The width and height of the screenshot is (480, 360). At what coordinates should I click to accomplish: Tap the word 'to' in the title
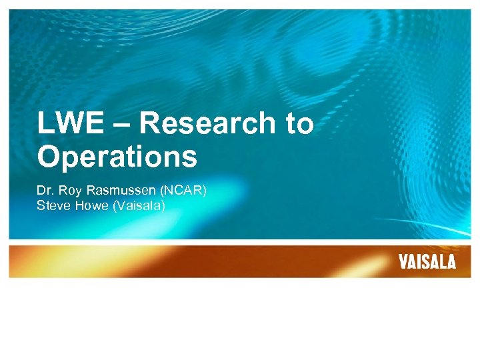point(298,124)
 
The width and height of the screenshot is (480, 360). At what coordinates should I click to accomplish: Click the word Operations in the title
point(117,157)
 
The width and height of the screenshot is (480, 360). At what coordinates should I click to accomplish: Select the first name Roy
point(69,191)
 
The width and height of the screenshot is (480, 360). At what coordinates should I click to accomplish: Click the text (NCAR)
point(183,191)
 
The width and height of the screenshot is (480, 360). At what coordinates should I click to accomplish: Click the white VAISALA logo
point(427,262)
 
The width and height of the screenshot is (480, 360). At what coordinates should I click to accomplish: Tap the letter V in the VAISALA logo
point(403,262)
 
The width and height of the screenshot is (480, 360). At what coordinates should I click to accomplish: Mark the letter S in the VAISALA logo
point(427,262)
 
